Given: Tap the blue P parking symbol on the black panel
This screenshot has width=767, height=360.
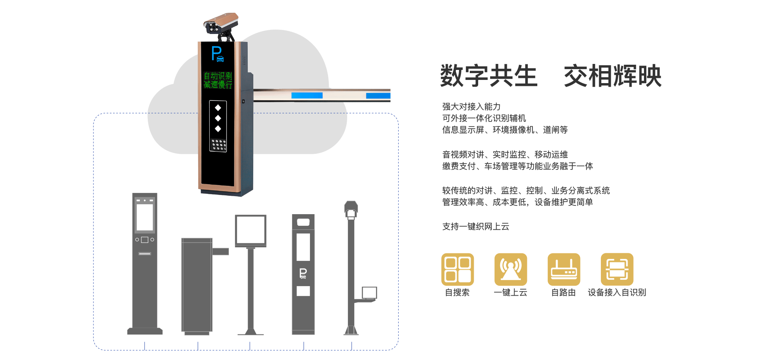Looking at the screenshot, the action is pos(217,54).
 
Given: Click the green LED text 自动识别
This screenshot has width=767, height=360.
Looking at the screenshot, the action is pos(218,76).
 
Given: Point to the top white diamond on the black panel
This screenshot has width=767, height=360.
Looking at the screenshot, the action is pos(218,107).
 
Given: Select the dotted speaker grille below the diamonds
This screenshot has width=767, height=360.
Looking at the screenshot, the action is pos(218,145).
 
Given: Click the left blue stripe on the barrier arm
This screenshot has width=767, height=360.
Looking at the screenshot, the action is pos(307,95).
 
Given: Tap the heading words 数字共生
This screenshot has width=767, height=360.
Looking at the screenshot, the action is pos(489,76).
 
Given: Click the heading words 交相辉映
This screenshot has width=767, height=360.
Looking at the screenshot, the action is pos(612,76).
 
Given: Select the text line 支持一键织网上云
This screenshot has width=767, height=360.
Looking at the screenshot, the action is pos(475,227).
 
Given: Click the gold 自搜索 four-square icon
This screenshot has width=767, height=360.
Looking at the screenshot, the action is pos(457,269).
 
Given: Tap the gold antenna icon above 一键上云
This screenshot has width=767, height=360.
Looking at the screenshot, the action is pos(511,269).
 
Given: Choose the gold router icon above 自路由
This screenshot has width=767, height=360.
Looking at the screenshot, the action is pos(564,269).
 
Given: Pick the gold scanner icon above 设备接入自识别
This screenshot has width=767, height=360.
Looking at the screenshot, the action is pos(617,269).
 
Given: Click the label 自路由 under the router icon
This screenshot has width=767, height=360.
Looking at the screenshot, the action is pos(563,292).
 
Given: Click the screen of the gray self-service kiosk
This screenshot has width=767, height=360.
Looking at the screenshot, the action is pos(145,217).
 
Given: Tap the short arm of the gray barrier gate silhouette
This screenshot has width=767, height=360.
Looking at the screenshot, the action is pos(221,251).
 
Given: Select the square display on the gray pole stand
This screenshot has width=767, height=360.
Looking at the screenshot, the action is pos(250,231).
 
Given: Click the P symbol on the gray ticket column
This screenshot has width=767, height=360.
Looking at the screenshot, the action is pos(303,273).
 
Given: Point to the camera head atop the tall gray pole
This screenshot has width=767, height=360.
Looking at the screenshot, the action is pos(351,209).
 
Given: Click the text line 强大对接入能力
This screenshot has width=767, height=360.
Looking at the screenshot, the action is pos(471,107).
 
